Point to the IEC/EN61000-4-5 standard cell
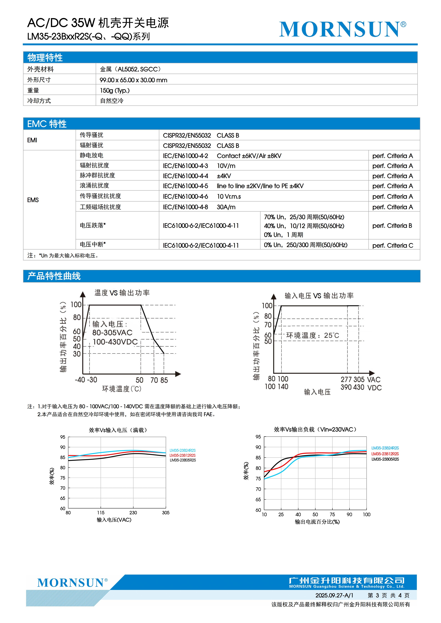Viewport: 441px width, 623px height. (x=185, y=186)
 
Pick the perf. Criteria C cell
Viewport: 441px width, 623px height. (x=393, y=245)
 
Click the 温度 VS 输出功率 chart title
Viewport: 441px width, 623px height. (x=122, y=293)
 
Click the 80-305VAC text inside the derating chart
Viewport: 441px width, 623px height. (x=112, y=333)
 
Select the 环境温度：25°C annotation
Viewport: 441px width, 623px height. (x=313, y=336)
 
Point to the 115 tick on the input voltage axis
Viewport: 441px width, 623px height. (x=101, y=513)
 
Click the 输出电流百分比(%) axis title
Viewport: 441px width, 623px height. (x=317, y=522)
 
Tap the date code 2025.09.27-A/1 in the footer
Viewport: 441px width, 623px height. (x=334, y=595)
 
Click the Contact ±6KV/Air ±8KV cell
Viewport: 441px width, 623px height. (x=249, y=156)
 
